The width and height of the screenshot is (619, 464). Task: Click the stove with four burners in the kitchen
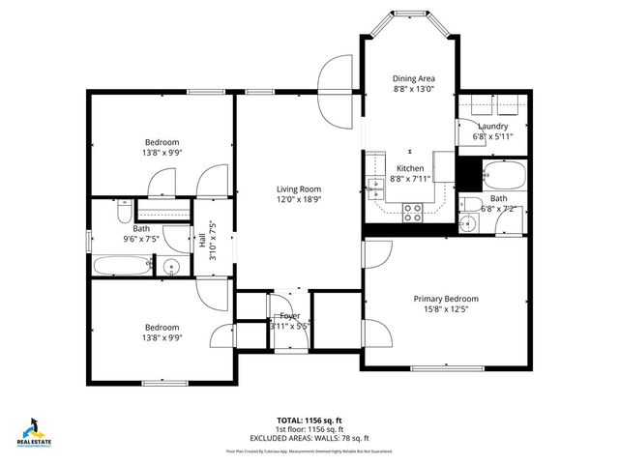(x=412, y=212)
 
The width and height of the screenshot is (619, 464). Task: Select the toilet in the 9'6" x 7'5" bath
(x=123, y=212)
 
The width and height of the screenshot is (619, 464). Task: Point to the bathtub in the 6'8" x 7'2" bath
(x=503, y=176)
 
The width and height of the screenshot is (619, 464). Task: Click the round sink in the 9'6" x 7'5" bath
(x=172, y=268)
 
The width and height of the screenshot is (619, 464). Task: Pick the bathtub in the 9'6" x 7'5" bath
(x=121, y=267)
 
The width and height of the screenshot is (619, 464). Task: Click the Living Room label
(x=298, y=189)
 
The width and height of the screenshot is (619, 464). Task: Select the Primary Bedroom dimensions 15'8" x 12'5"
(x=446, y=309)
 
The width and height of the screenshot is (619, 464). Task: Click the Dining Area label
(x=412, y=78)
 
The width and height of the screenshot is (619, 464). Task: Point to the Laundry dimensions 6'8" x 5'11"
(x=492, y=136)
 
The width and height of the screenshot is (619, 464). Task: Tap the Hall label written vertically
(x=202, y=241)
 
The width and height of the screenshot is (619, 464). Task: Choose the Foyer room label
(x=289, y=316)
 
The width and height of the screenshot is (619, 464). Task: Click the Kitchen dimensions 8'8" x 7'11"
(x=411, y=178)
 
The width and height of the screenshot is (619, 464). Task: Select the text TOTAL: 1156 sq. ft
(x=309, y=420)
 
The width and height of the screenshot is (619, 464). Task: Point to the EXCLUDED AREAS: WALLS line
(x=309, y=438)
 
